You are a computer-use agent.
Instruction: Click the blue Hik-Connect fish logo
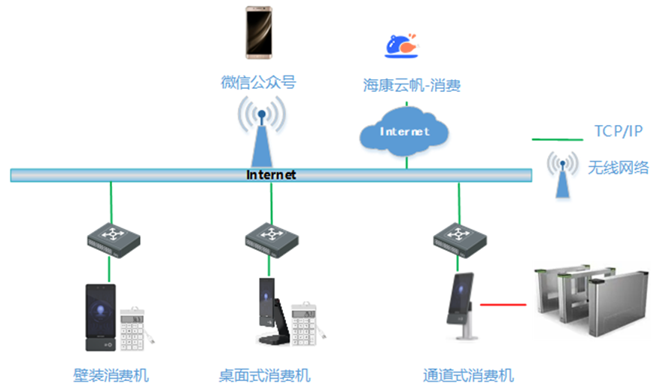pos(400,47)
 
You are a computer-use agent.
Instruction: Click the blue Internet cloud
pos(405,131)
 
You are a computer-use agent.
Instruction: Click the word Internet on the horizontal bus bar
pos(271,175)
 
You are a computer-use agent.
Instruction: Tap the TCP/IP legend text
pos(619,132)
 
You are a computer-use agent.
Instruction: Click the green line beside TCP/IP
pos(558,139)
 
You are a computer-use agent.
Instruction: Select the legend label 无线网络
pos(618,167)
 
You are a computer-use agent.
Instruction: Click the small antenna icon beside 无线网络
pos(562,174)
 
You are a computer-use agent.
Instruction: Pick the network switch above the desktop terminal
pos(272,239)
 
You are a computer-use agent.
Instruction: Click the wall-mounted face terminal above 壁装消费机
pos(101,317)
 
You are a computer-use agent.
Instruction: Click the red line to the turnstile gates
pos(503,305)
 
